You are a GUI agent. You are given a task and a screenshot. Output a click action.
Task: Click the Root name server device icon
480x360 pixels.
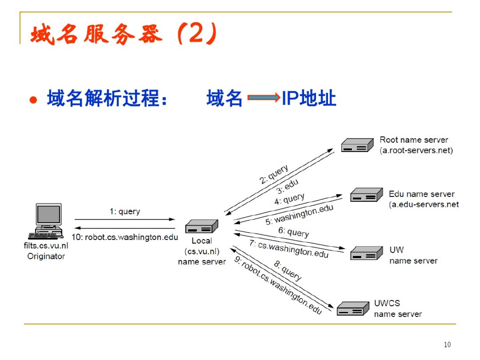click(x=357, y=145)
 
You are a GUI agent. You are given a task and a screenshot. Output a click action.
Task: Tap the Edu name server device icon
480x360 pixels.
click(x=366, y=195)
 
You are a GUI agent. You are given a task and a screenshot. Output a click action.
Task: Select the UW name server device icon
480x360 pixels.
click(x=366, y=253)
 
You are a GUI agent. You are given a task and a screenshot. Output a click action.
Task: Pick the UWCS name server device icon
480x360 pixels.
click(x=353, y=309)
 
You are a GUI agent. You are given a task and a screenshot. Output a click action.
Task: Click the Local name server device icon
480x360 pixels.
click(x=202, y=226)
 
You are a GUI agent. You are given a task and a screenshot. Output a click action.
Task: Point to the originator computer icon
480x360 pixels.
click(x=47, y=221)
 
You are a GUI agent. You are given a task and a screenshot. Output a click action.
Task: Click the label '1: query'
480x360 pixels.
click(x=125, y=211)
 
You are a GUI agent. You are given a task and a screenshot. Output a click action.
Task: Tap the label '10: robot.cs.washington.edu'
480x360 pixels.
click(x=125, y=237)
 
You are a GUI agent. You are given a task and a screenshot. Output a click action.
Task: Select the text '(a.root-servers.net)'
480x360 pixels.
click(x=416, y=151)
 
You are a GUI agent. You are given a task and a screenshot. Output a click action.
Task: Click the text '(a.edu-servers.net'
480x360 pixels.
click(x=424, y=204)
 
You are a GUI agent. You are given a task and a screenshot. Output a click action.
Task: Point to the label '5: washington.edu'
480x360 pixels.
click(x=299, y=215)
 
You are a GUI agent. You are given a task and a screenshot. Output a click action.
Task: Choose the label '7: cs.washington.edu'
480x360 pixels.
click(x=289, y=249)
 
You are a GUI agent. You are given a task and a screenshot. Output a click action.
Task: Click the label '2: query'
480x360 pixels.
click(x=274, y=174)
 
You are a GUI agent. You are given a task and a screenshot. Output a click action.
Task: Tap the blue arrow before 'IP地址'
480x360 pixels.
click(x=263, y=98)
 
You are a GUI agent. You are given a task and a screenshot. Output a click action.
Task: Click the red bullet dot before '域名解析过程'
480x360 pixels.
click(x=33, y=100)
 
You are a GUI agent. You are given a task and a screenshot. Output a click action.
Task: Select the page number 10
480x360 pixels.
click(x=447, y=345)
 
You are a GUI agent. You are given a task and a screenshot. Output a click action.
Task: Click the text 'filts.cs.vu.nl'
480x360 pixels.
click(x=46, y=246)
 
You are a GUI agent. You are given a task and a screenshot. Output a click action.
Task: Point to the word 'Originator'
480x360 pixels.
click(x=46, y=256)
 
